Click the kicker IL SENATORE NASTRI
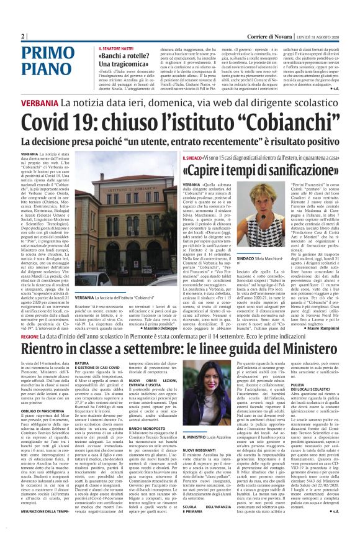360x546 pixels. (117, 48)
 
